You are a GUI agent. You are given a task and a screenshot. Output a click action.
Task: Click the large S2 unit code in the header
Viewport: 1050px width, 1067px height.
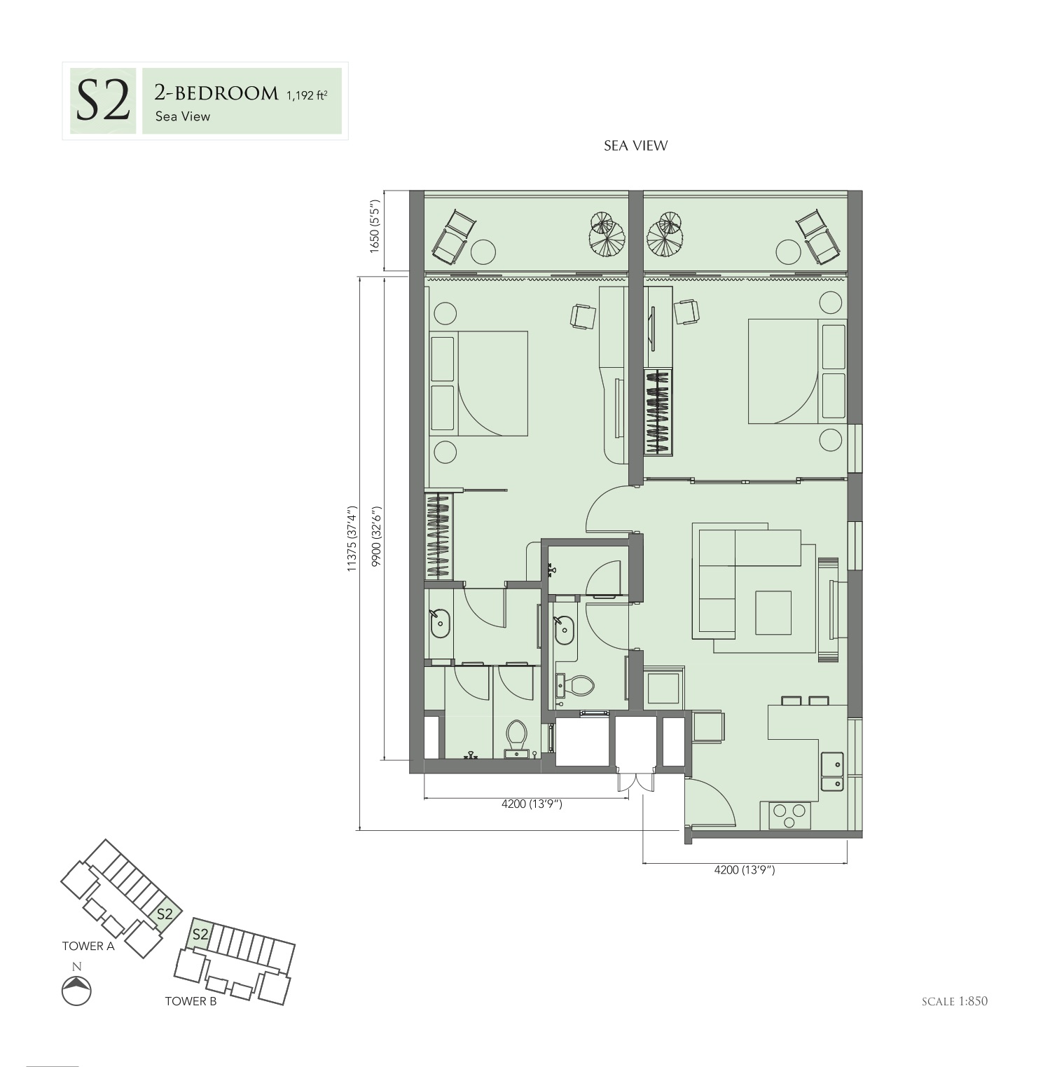click(102, 102)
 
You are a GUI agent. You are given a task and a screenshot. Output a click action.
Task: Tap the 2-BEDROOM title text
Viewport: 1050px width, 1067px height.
click(216, 93)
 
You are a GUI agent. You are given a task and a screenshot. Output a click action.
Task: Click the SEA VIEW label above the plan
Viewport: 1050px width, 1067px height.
click(636, 146)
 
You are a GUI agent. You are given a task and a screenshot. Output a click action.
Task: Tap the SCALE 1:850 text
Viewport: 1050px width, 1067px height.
click(955, 1001)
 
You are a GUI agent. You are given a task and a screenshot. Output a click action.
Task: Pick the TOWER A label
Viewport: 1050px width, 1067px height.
click(88, 946)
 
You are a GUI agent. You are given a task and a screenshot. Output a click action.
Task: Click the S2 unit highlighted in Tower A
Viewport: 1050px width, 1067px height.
click(165, 914)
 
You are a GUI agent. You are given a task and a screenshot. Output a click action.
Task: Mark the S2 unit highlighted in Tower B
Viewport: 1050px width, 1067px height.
click(200, 934)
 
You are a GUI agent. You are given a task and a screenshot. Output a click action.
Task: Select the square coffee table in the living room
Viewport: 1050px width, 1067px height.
click(773, 613)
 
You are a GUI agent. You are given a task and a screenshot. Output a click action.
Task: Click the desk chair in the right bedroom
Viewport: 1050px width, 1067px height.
click(687, 312)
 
